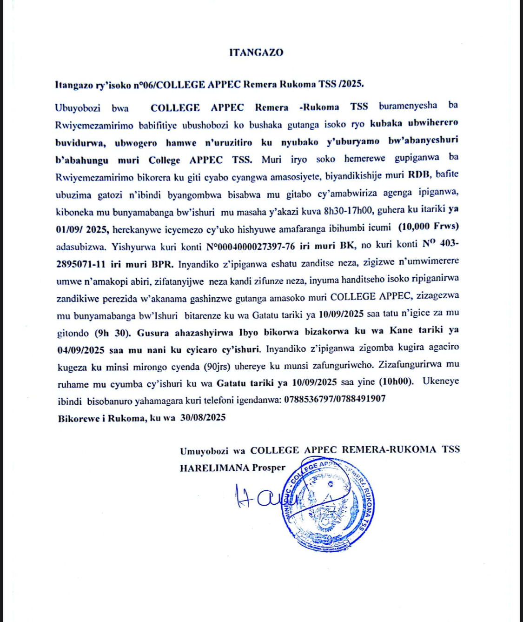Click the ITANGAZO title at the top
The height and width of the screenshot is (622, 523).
click(x=256, y=53)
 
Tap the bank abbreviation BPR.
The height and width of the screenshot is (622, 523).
click(x=162, y=264)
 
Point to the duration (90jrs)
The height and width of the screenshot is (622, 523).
click(x=217, y=367)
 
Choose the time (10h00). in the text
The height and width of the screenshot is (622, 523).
click(x=396, y=381)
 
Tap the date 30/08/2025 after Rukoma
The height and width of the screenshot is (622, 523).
click(x=203, y=417)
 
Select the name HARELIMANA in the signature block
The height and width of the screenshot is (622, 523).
click(x=214, y=468)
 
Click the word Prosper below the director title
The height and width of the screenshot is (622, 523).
click(x=269, y=468)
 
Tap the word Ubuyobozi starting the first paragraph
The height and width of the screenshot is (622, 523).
click(x=78, y=108)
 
